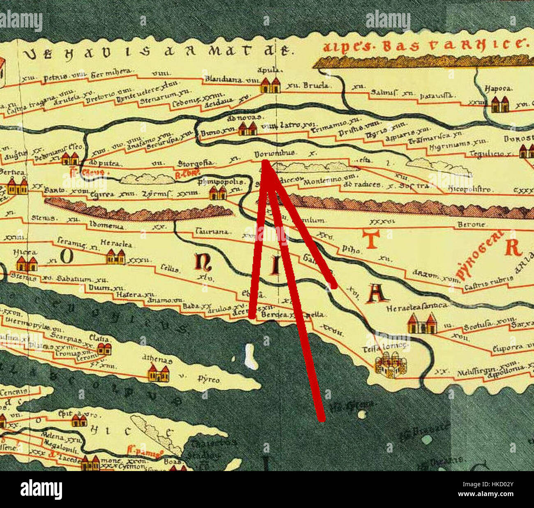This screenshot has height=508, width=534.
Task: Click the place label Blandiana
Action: click(223, 79)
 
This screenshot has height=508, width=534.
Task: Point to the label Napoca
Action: click(498, 88)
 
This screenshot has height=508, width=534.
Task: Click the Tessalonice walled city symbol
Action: click(390, 365)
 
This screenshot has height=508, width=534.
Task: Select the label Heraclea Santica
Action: click(417, 306)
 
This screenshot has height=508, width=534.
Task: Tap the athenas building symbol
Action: click(159, 374)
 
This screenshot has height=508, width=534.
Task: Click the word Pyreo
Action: click(209, 379)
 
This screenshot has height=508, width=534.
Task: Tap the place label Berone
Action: click(472, 225)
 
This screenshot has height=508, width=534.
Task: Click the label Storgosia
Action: click(196, 163)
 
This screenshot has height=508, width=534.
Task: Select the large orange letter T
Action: click(371, 239)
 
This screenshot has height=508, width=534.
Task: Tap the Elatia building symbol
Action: click(104, 349)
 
